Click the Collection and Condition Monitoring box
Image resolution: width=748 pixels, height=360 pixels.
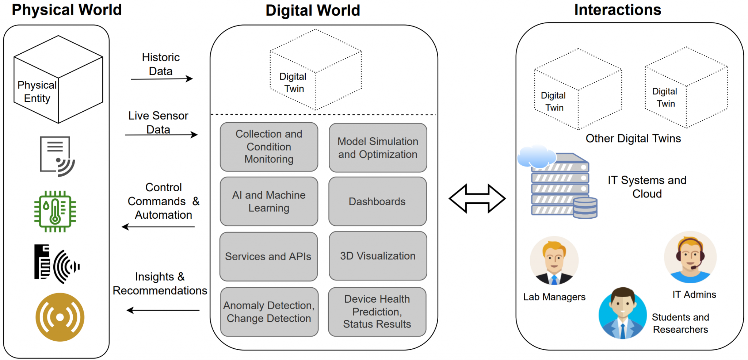pos(269,147)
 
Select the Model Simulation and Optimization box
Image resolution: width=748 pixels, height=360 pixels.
pos(378,148)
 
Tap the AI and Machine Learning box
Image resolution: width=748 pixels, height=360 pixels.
pos(269,202)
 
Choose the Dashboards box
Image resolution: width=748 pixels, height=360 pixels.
pos(377,202)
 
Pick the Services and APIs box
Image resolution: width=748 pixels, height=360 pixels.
pos(268,257)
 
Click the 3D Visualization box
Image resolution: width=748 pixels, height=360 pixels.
pos(378,256)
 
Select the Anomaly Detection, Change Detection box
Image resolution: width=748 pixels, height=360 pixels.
pos(269,312)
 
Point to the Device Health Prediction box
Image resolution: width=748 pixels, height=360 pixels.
pos(377,312)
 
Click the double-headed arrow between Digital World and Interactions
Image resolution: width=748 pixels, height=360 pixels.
pos(477,199)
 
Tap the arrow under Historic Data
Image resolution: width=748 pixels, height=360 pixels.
pos(161,79)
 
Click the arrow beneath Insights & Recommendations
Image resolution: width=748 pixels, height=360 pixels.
pos(163,310)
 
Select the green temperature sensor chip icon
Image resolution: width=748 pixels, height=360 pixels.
pos(55,211)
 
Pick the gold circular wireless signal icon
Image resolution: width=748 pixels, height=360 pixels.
pos(60,317)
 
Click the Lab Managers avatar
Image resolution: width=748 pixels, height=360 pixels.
pos(554,261)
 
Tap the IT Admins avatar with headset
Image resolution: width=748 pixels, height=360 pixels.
pos(690,257)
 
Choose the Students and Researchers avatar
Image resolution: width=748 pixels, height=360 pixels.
pos(622,313)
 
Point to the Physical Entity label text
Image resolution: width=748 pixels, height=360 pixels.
pos(37,92)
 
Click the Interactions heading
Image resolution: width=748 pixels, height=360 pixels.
pos(617,10)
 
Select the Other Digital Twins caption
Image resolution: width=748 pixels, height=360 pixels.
pos(633,139)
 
